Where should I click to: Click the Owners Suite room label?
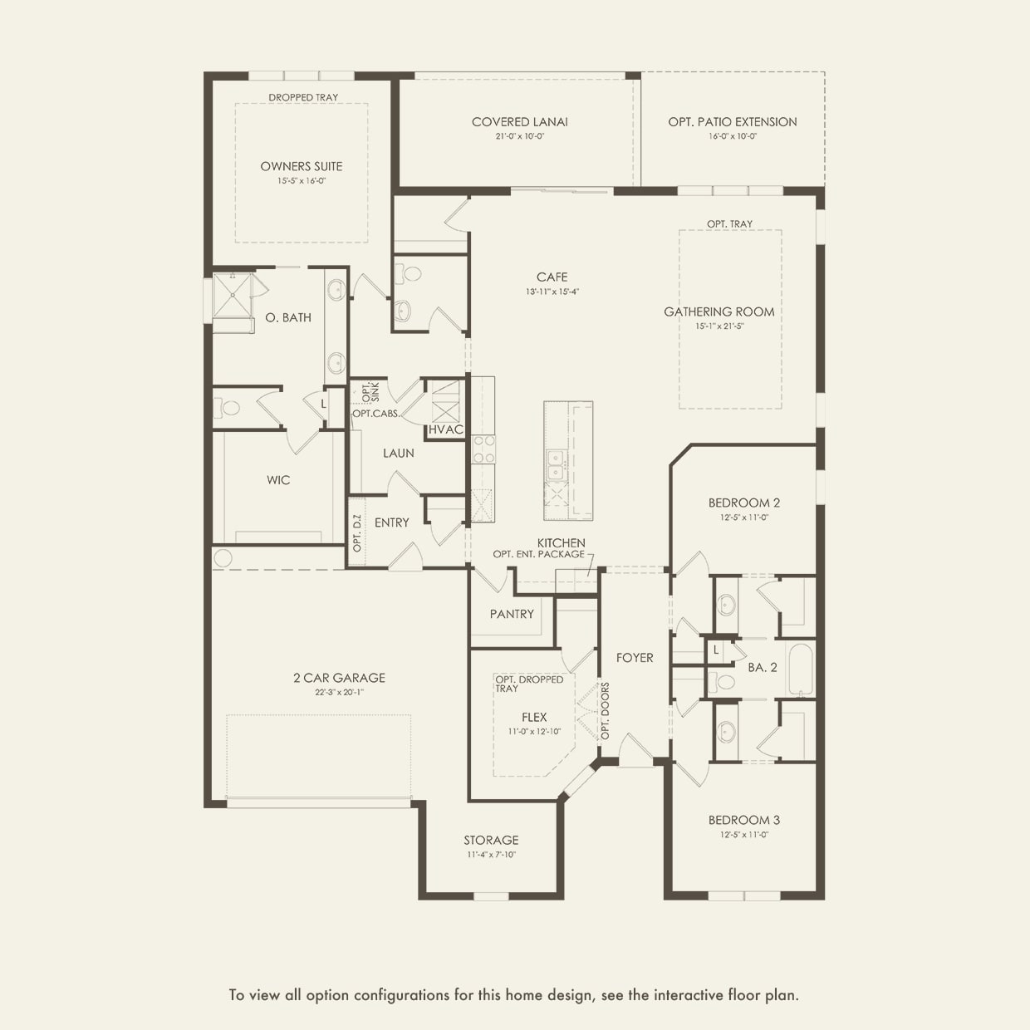302,166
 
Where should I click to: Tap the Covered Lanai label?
519,122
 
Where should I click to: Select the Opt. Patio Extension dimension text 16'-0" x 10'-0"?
733,136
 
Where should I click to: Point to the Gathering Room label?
719,311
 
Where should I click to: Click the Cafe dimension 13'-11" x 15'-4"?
552,292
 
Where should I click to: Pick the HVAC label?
446,429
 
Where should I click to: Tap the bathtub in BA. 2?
800,669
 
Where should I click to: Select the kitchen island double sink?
556,464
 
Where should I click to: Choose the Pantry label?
512,614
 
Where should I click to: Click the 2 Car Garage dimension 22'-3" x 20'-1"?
340,692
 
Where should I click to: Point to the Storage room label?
491,841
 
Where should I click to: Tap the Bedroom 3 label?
744,820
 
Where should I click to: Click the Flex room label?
534,718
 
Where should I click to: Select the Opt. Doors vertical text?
605,711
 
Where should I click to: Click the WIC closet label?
278,480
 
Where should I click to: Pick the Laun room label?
398,454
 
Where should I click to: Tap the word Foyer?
635,658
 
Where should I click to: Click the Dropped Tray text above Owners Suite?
303,98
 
